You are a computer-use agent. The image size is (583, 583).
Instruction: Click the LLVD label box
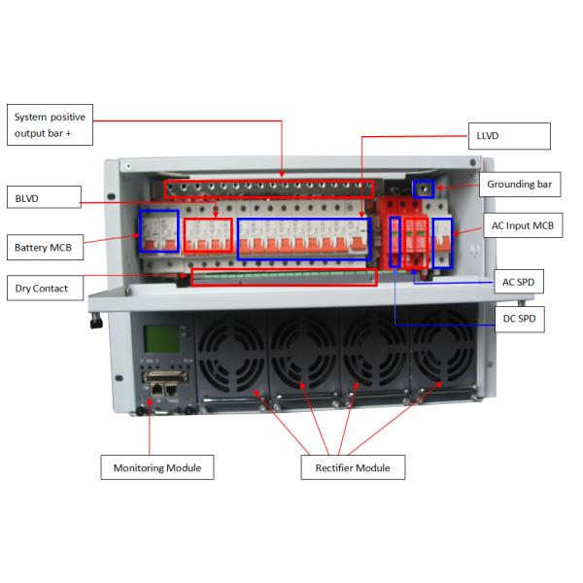[x=509, y=136]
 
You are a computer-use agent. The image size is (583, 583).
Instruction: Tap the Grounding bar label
[x=520, y=185]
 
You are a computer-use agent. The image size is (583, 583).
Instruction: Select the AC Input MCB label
[x=523, y=225]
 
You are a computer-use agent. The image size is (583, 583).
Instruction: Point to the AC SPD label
[x=519, y=282]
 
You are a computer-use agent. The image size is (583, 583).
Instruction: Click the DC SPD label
[x=520, y=319]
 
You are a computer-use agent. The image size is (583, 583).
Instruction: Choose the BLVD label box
[x=44, y=197]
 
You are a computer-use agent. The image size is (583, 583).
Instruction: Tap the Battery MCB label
[x=45, y=247]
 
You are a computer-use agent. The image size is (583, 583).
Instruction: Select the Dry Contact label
[x=45, y=288]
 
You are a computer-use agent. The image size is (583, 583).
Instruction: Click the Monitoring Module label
[x=157, y=467]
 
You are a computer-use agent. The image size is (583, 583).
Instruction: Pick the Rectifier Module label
[x=353, y=467]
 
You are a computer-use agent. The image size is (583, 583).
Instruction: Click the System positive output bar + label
[x=50, y=125]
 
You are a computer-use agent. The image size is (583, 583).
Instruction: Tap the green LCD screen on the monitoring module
[x=162, y=339]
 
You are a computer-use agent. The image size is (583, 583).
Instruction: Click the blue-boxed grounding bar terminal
[x=424, y=189]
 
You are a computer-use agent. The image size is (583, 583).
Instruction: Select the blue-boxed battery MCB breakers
[x=158, y=231]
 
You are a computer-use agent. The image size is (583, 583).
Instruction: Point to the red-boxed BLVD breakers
[x=208, y=235]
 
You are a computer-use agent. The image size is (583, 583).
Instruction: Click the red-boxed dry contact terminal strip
[x=284, y=277]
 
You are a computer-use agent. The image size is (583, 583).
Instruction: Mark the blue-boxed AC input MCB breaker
[x=442, y=243]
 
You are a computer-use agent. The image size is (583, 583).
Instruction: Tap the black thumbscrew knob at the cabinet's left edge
[x=96, y=321]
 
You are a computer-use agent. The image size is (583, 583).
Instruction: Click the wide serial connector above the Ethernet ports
[x=165, y=377]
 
